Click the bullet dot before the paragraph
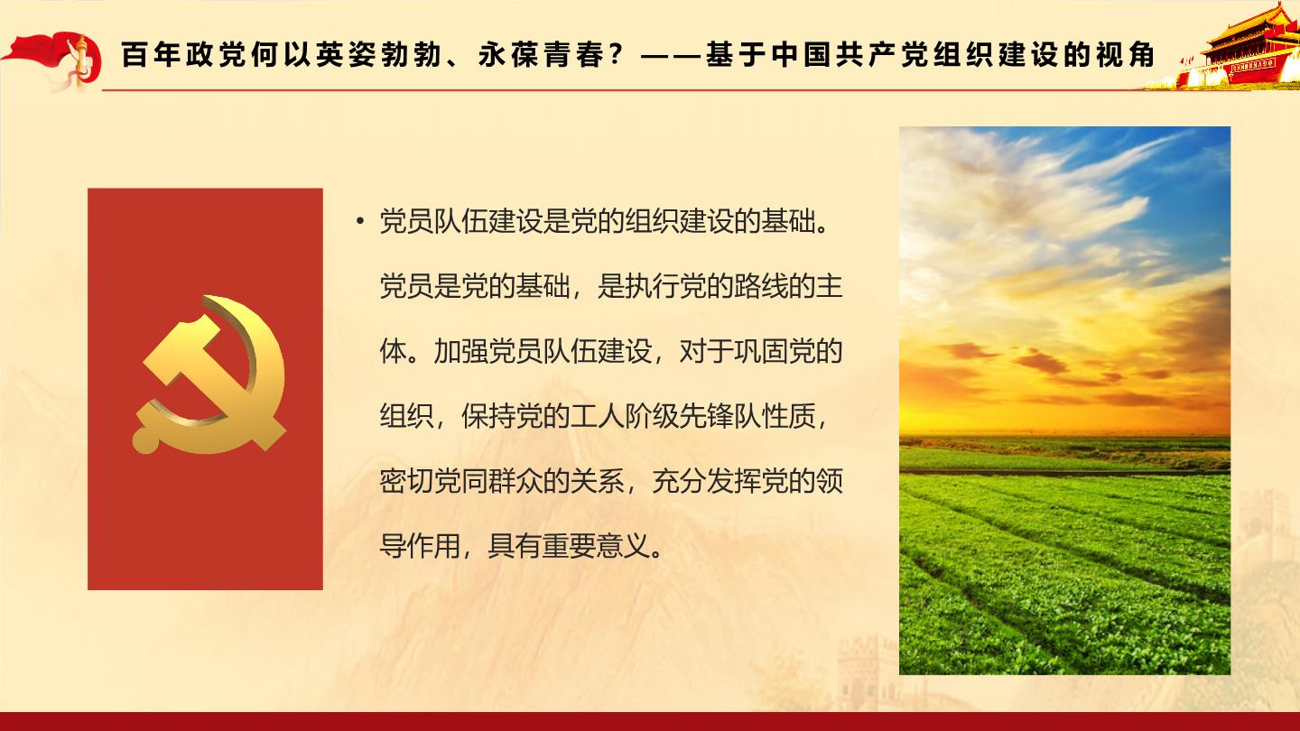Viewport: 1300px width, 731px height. coord(360,221)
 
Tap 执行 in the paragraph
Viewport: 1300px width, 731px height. coord(653,286)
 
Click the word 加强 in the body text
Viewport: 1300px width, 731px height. coord(461,351)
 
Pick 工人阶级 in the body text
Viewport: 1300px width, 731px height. coord(625,416)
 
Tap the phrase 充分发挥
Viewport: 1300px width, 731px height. coord(706,481)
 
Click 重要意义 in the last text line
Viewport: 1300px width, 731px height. coord(598,546)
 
